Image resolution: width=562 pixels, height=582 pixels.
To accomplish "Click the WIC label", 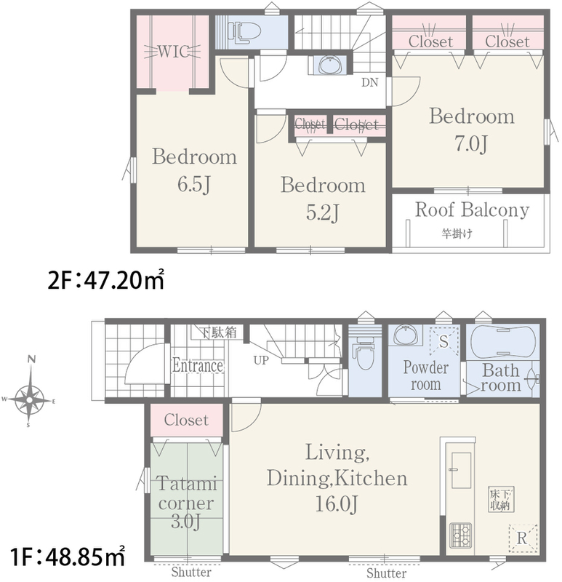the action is pyautogui.click(x=174, y=52).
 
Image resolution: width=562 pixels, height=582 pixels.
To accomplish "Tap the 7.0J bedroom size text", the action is pyautogui.click(x=471, y=143).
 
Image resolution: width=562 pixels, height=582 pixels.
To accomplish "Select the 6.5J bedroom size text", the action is pyautogui.click(x=194, y=185).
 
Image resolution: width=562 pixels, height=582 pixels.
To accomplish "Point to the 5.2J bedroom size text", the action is pyautogui.click(x=322, y=212).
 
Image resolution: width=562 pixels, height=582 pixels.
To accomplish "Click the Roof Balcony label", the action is pyautogui.click(x=472, y=210).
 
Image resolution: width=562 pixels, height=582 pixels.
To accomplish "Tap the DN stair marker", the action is pyautogui.click(x=370, y=82).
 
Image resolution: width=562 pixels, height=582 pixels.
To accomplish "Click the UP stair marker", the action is pyautogui.click(x=261, y=360).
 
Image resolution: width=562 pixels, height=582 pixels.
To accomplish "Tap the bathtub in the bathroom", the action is pyautogui.click(x=502, y=342).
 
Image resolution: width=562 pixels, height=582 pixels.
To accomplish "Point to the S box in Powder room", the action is pyautogui.click(x=444, y=341).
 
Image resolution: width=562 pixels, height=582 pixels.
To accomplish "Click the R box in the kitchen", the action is pyautogui.click(x=523, y=538).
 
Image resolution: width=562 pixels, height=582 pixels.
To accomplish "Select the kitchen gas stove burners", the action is pyautogui.click(x=461, y=535).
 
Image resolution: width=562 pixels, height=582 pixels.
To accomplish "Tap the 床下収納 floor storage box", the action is pyautogui.click(x=501, y=500).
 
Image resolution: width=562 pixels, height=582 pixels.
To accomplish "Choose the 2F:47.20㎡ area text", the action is pyautogui.click(x=105, y=280).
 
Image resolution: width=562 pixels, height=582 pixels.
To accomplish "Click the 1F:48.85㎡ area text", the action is pyautogui.click(x=68, y=557).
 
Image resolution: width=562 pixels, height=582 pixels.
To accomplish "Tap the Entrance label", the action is pyautogui.click(x=197, y=366).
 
